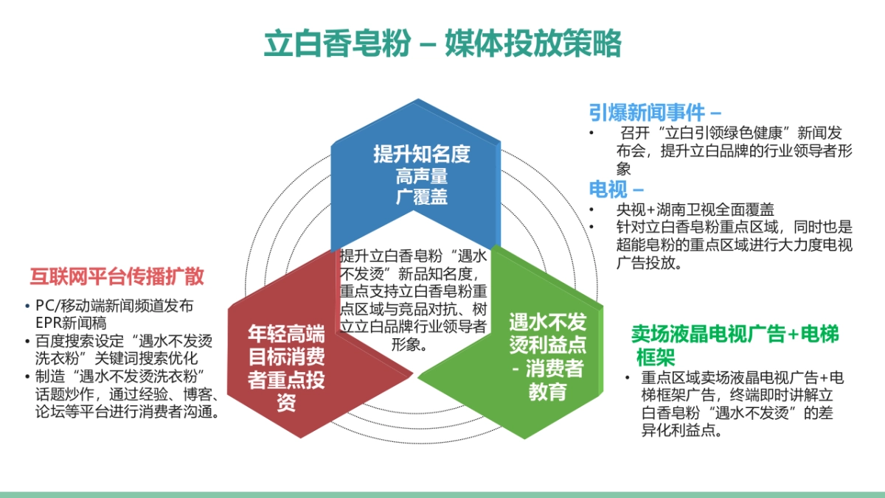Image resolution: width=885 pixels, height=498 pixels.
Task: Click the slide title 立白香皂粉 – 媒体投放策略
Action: [x=442, y=44]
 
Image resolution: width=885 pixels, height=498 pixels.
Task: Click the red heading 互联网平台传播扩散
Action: [x=117, y=277]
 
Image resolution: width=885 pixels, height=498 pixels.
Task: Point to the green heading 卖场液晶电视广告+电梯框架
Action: [x=735, y=334]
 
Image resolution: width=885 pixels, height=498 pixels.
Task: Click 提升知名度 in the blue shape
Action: [x=421, y=155]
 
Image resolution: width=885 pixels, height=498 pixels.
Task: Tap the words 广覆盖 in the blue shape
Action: [x=421, y=197]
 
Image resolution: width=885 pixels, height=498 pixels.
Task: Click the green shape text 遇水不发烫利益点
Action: [x=546, y=333]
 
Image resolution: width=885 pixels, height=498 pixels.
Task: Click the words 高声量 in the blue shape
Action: [x=421, y=177]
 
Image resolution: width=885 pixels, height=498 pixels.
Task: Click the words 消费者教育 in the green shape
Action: [x=546, y=379]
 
